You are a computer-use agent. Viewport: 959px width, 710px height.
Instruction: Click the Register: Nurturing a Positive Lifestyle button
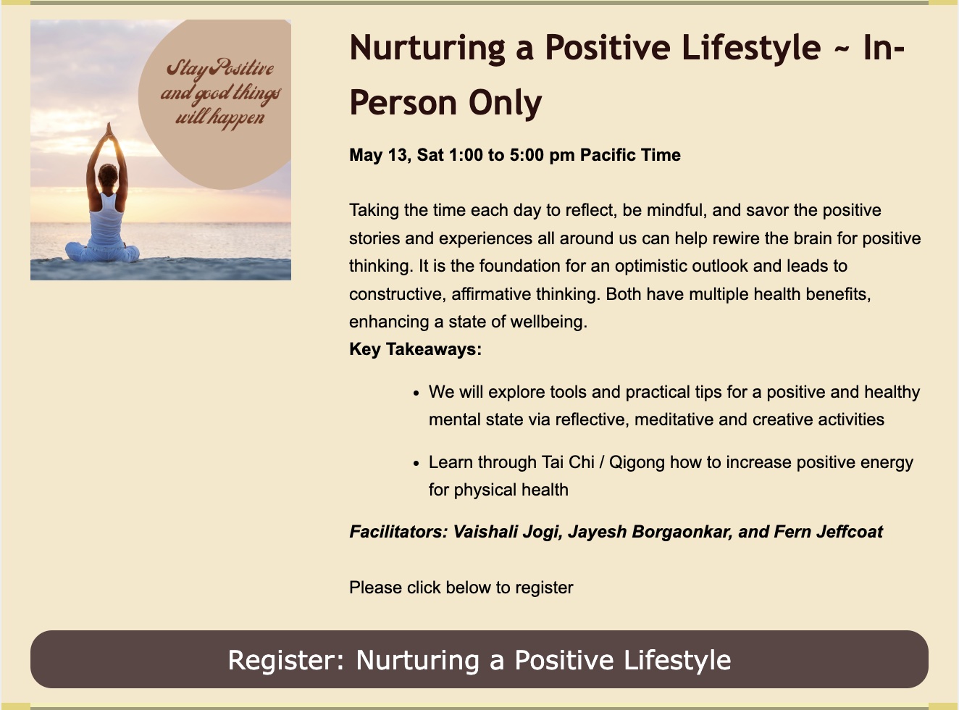(479, 659)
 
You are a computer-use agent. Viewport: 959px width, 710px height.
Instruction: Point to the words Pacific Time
(630, 155)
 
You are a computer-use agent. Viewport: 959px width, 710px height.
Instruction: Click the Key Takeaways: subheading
(415, 349)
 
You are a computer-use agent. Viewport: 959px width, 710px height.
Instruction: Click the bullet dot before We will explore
(416, 393)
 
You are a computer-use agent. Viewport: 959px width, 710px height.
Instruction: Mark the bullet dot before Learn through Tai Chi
(416, 464)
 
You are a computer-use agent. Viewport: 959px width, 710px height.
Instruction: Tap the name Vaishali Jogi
(508, 532)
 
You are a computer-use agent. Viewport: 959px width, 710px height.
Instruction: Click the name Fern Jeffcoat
(828, 532)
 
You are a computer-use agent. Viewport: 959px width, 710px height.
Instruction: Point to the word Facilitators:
(398, 532)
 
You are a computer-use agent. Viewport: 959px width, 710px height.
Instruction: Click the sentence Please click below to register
(461, 588)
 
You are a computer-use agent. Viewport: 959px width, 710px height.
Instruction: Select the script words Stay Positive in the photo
(220, 69)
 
